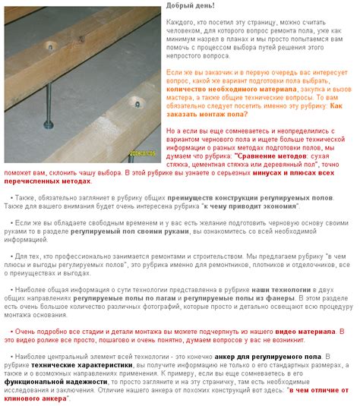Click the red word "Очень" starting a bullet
[27, 331]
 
